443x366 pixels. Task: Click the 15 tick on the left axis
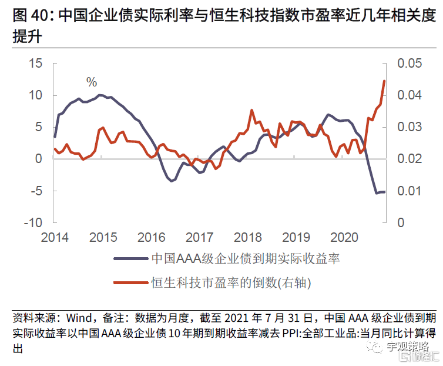pyautogui.click(x=36, y=64)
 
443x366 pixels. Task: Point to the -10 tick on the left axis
pyautogui.click(x=33, y=222)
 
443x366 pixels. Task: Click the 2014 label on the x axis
pyautogui.click(x=55, y=237)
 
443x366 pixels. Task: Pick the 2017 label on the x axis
pyautogui.click(x=199, y=237)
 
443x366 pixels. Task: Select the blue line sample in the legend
pyautogui.click(x=130, y=258)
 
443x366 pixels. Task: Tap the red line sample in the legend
pyautogui.click(x=130, y=282)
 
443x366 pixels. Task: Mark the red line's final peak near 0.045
pyautogui.click(x=384, y=81)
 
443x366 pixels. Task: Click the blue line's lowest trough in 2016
pyautogui.click(x=172, y=181)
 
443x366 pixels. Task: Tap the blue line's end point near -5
pyautogui.click(x=385, y=192)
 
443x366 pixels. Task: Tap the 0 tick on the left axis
pyautogui.click(x=39, y=159)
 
